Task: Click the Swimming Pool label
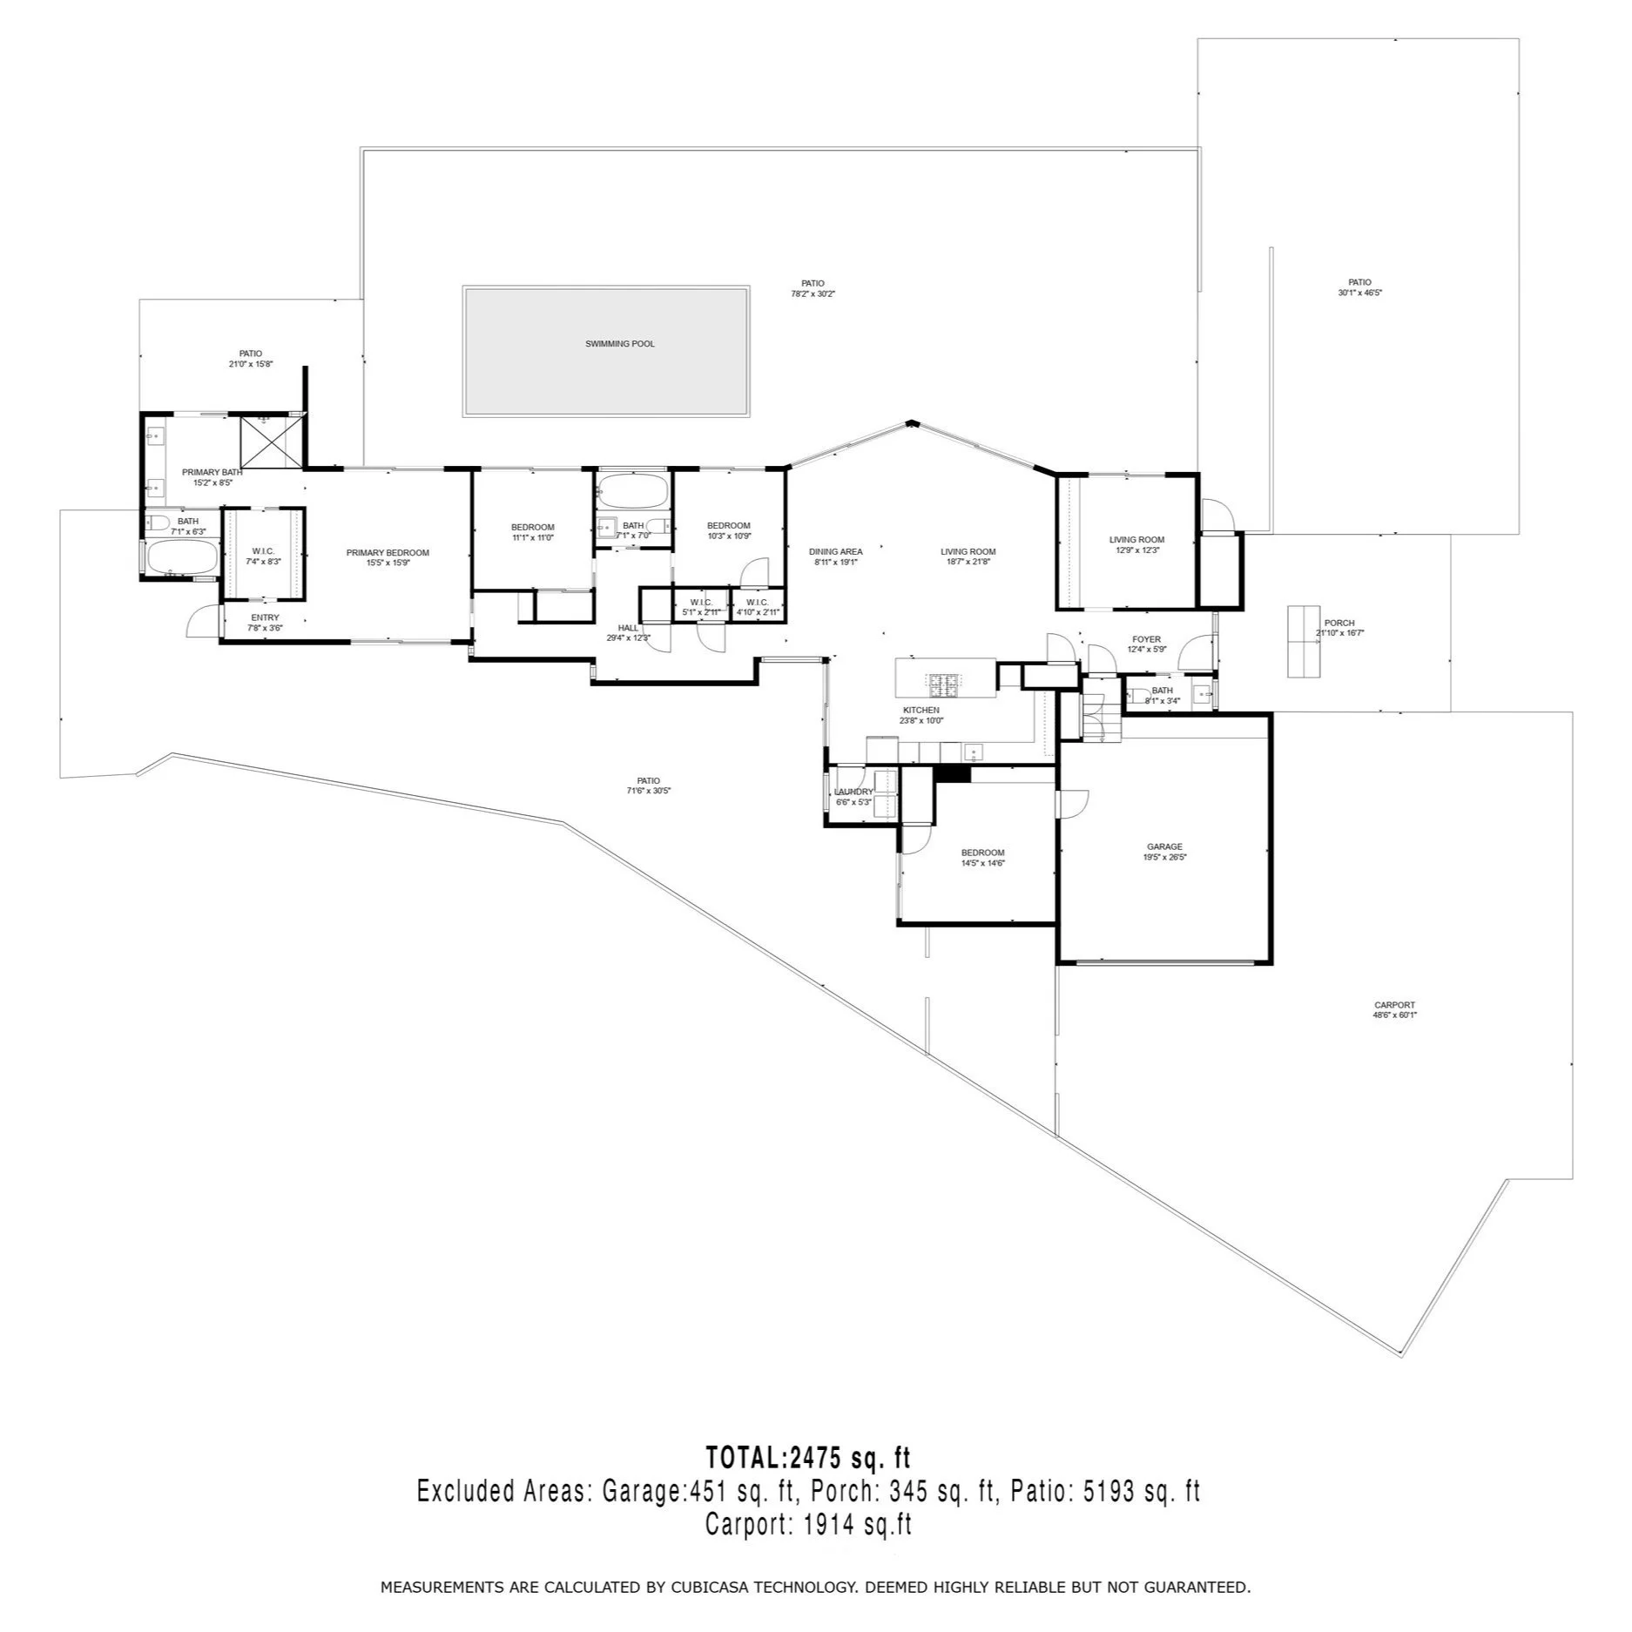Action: click(x=619, y=344)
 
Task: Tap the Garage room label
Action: click(x=1164, y=846)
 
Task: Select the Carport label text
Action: click(x=1394, y=1005)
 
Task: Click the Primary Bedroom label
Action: click(x=388, y=553)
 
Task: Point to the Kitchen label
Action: click(x=921, y=711)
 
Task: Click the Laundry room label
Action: click(x=853, y=792)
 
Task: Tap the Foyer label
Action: click(x=1146, y=639)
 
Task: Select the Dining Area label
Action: click(x=835, y=551)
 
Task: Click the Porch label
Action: click(x=1339, y=623)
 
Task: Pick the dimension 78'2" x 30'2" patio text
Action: click(x=813, y=294)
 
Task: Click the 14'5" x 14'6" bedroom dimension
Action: click(x=982, y=863)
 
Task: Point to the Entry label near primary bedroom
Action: click(x=265, y=617)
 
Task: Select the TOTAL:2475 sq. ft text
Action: click(x=807, y=1457)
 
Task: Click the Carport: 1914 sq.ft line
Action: click(x=807, y=1525)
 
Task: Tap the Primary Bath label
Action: click(x=212, y=472)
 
